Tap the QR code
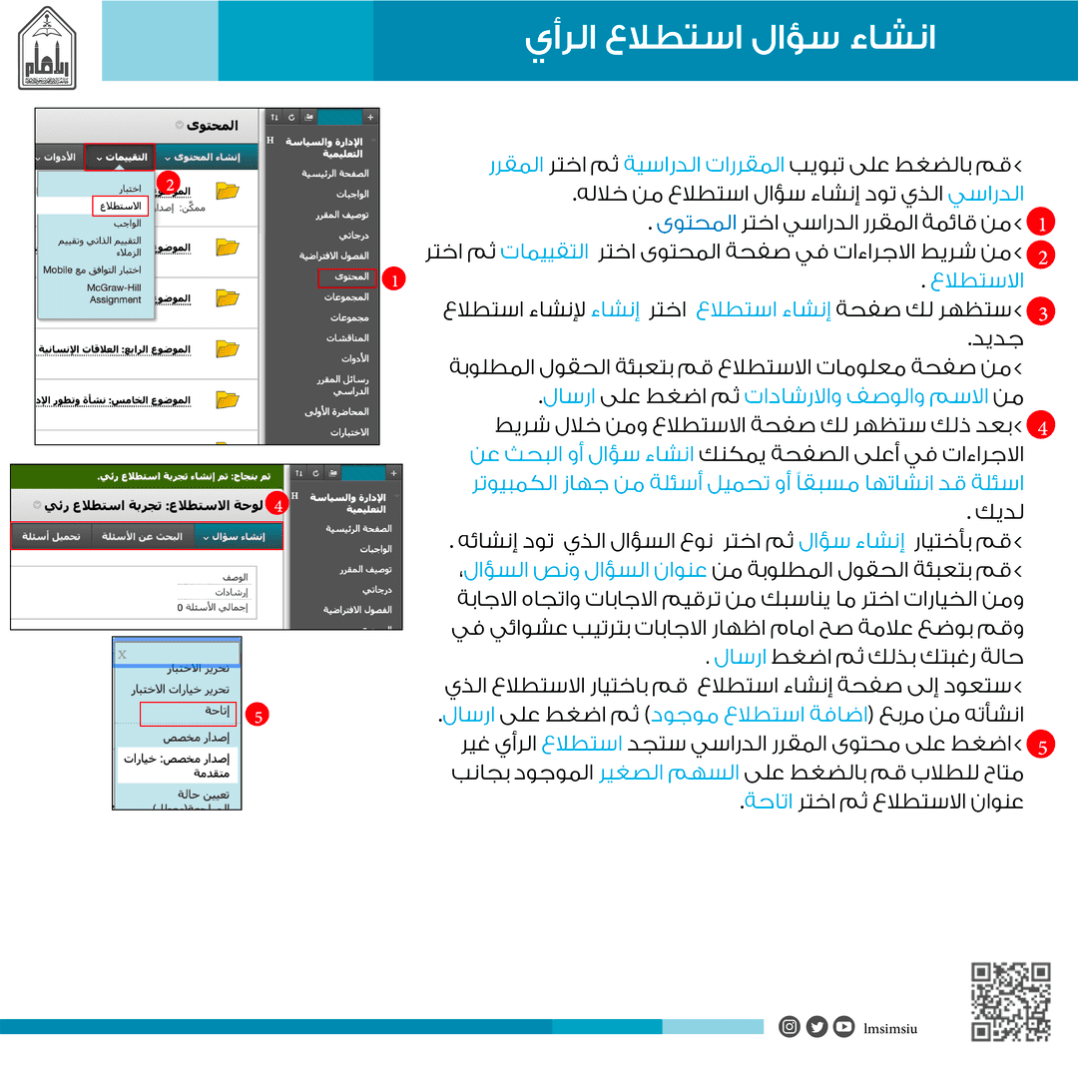[x=1011, y=1000]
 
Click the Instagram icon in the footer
[x=790, y=1027]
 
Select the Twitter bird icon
[x=816, y=1027]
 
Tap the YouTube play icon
[x=844, y=1027]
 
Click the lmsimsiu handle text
[x=890, y=1028]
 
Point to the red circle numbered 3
[x=1041, y=313]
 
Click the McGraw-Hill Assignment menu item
[x=115, y=293]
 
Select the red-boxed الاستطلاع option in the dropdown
[x=121, y=206]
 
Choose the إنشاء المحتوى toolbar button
[x=207, y=158]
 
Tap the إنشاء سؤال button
[x=238, y=536]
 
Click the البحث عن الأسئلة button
[x=143, y=536]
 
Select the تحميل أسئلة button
[x=52, y=536]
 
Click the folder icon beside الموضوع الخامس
[x=228, y=399]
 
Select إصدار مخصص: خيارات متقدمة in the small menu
[x=176, y=766]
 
